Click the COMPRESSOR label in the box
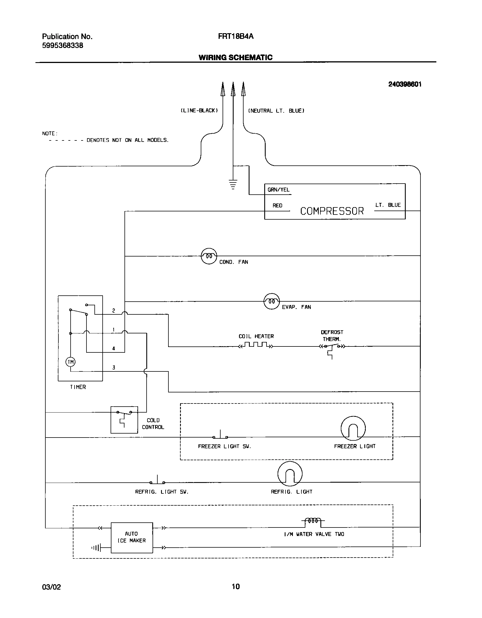tap(332, 211)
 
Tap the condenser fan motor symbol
tap(209, 256)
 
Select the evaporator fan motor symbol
tap(272, 301)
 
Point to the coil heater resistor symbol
tap(256, 345)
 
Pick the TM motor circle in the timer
tap(71, 362)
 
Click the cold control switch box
tap(124, 420)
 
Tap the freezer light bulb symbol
tap(353, 428)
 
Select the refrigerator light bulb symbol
tap(290, 474)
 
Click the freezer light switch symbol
tap(220, 436)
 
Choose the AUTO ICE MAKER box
tap(132, 537)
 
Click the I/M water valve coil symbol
tap(313, 521)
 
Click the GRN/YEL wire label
tap(278, 190)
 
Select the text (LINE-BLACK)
tap(199, 111)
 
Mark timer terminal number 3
tap(114, 367)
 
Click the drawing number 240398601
tap(405, 84)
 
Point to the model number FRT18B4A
tap(236, 36)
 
